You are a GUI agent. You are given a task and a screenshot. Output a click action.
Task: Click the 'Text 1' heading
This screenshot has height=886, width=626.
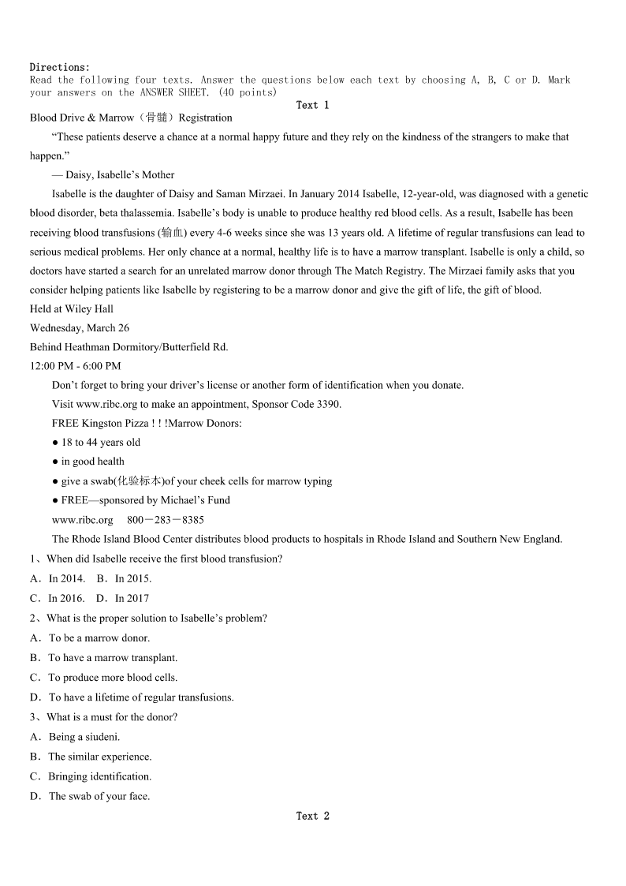click(312, 105)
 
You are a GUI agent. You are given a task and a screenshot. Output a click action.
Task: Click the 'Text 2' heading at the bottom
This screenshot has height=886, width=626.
click(312, 816)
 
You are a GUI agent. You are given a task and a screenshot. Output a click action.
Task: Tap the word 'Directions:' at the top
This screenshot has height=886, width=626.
click(60, 67)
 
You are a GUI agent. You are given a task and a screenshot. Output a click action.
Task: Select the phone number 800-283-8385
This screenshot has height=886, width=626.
click(165, 520)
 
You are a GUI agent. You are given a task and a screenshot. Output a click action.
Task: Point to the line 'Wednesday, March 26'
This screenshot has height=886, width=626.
click(80, 327)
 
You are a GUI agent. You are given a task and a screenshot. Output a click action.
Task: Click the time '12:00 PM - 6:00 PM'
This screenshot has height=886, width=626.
click(76, 366)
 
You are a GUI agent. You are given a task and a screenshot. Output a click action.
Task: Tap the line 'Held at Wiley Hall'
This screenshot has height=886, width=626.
click(72, 308)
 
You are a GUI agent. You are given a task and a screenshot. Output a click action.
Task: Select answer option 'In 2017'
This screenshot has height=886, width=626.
click(132, 598)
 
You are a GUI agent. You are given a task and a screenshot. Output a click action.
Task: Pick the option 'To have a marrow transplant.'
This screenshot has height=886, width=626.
click(113, 657)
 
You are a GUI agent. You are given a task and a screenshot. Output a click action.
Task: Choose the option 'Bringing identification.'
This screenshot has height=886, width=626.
click(99, 776)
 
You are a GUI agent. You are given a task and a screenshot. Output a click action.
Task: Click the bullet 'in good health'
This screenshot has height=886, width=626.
click(92, 462)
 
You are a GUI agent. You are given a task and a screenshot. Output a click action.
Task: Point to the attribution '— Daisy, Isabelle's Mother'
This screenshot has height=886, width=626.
click(114, 175)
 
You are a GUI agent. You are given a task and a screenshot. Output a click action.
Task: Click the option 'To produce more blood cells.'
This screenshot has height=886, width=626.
click(113, 677)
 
